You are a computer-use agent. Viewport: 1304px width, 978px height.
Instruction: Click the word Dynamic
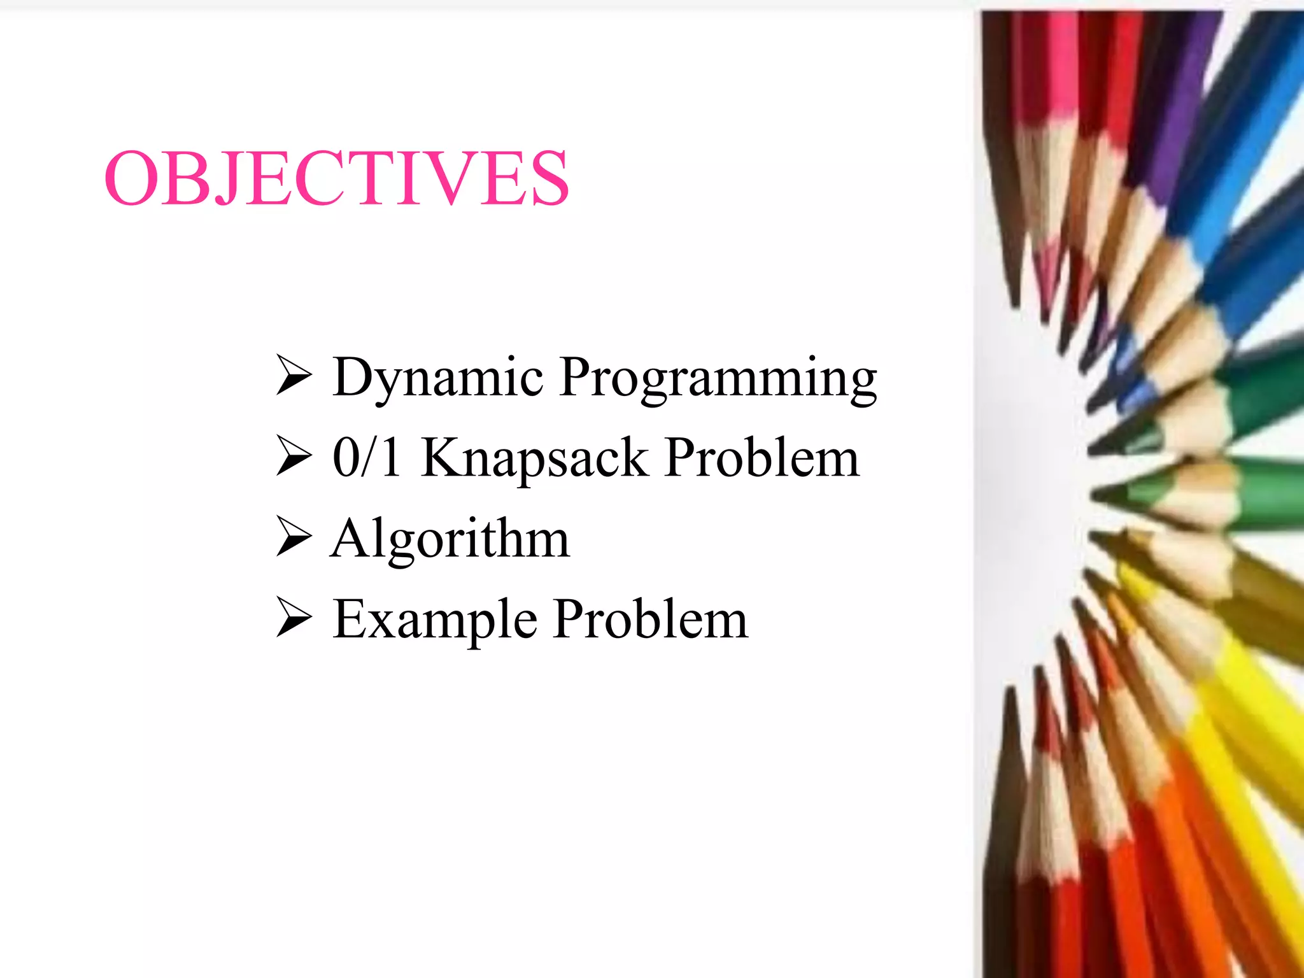pyautogui.click(x=437, y=378)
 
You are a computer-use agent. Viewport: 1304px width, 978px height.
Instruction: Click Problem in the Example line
pyautogui.click(x=650, y=619)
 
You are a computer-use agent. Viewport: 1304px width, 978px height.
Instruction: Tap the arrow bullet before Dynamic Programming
pyautogui.click(x=294, y=376)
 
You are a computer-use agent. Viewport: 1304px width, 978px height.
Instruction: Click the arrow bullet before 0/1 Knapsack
pyautogui.click(x=294, y=456)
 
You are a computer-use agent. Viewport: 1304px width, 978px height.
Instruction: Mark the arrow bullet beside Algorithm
pyautogui.click(x=294, y=537)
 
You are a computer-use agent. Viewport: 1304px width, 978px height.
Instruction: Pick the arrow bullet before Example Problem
pyautogui.click(x=294, y=618)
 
